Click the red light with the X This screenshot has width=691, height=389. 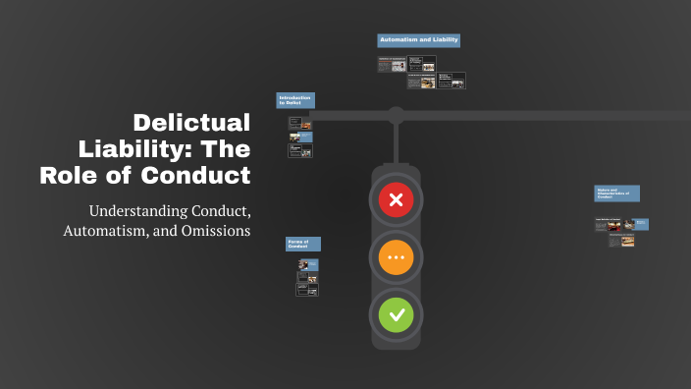396,201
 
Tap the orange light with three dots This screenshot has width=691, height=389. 396,258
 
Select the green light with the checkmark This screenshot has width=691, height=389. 396,315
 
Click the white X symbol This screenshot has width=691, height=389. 396,201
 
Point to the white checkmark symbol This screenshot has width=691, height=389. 396,315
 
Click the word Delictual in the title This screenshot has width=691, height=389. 191,123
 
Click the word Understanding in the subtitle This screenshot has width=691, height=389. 133,211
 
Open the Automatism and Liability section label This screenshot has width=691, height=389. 418,40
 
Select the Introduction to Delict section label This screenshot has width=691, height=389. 295,100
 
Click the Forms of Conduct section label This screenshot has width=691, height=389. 303,244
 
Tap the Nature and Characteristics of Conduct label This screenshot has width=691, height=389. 616,194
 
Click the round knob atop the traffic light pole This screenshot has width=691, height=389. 396,113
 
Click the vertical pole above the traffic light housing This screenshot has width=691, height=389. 396,140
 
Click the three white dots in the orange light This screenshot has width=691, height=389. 396,258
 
